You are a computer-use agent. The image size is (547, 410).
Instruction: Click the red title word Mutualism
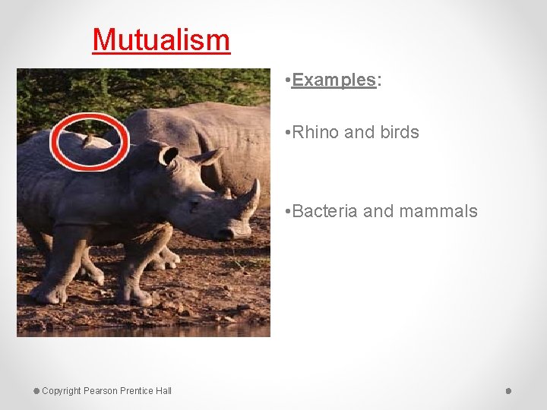click(x=161, y=39)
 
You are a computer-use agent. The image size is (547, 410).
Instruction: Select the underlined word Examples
click(x=334, y=80)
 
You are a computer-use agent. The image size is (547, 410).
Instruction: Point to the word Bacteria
click(x=324, y=211)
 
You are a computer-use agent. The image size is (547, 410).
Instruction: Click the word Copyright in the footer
click(x=62, y=391)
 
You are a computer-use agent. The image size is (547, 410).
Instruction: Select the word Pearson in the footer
click(x=100, y=391)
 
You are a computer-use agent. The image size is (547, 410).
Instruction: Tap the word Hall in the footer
click(x=163, y=391)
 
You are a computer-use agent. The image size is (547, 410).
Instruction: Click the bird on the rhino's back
click(x=89, y=141)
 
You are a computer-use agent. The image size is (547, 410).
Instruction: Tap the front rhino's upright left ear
click(x=168, y=156)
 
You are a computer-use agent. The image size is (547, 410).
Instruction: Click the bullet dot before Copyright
click(x=36, y=391)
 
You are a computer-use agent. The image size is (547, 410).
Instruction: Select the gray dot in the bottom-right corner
click(x=508, y=391)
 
